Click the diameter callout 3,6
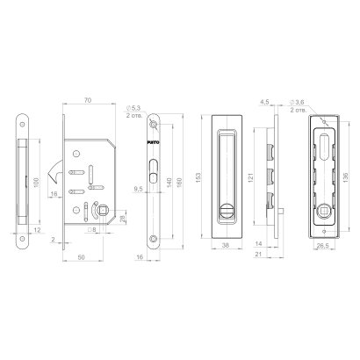pos(304,102)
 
